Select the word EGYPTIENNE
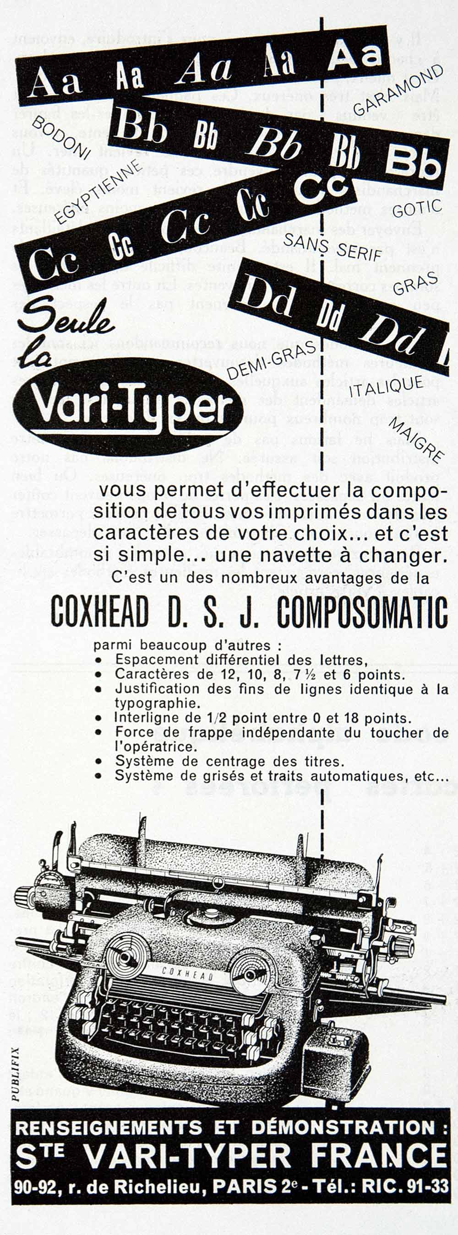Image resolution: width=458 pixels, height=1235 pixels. coord(98,192)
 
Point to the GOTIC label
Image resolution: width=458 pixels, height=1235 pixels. coord(417,207)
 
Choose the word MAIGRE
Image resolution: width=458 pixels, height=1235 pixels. coord(415,439)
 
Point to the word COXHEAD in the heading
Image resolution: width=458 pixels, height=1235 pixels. coord(99,612)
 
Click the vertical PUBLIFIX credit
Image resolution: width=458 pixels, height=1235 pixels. coord(16,1073)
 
